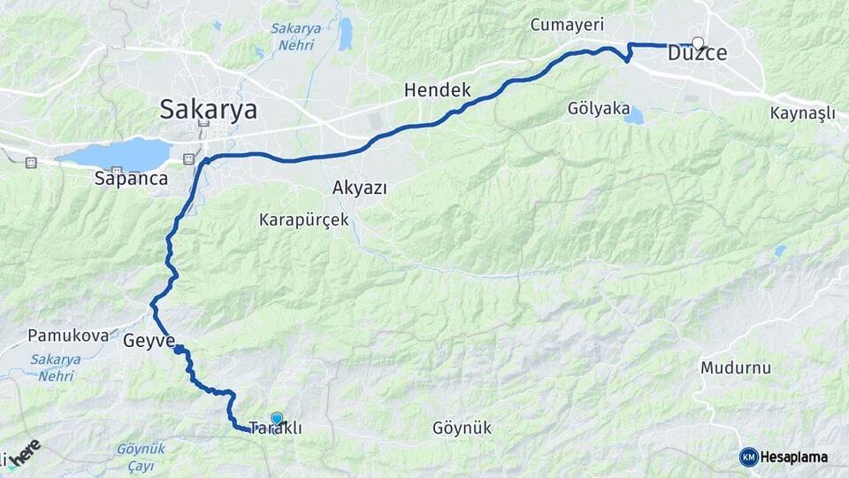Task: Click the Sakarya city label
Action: [x=208, y=110]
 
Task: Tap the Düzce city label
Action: [x=697, y=54]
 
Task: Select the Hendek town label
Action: [x=437, y=90]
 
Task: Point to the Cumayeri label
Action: [x=566, y=25]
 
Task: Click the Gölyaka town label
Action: [x=600, y=109]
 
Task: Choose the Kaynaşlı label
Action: [x=802, y=113]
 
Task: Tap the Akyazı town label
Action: [x=360, y=188]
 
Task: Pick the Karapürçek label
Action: [x=304, y=219]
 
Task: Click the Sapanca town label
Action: [x=131, y=178]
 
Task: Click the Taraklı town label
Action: [x=275, y=428]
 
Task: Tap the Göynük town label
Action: [x=462, y=428]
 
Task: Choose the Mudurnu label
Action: [x=736, y=367]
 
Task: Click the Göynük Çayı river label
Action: [x=141, y=457]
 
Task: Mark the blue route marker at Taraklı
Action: [x=277, y=419]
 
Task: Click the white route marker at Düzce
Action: [x=699, y=42]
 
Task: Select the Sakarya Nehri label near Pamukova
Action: [x=56, y=366]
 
